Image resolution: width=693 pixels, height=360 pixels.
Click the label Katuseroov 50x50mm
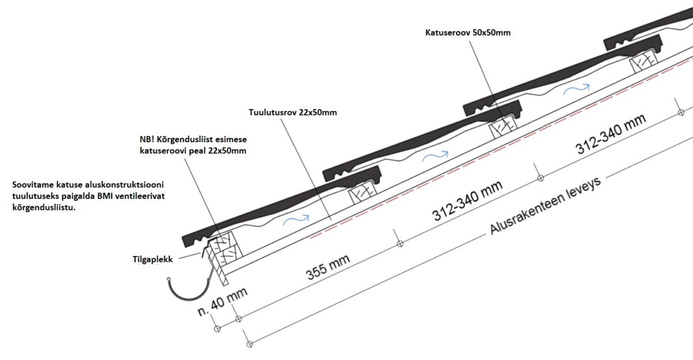pyautogui.click(x=467, y=33)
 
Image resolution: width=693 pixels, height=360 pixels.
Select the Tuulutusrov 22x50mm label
pyautogui.click(x=293, y=113)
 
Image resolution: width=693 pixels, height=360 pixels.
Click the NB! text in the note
pyautogui.click(x=147, y=140)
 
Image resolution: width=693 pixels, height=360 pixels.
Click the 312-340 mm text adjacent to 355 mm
pyautogui.click(x=468, y=201)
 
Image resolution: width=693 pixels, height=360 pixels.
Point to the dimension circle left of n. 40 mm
pyautogui.click(x=217, y=329)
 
